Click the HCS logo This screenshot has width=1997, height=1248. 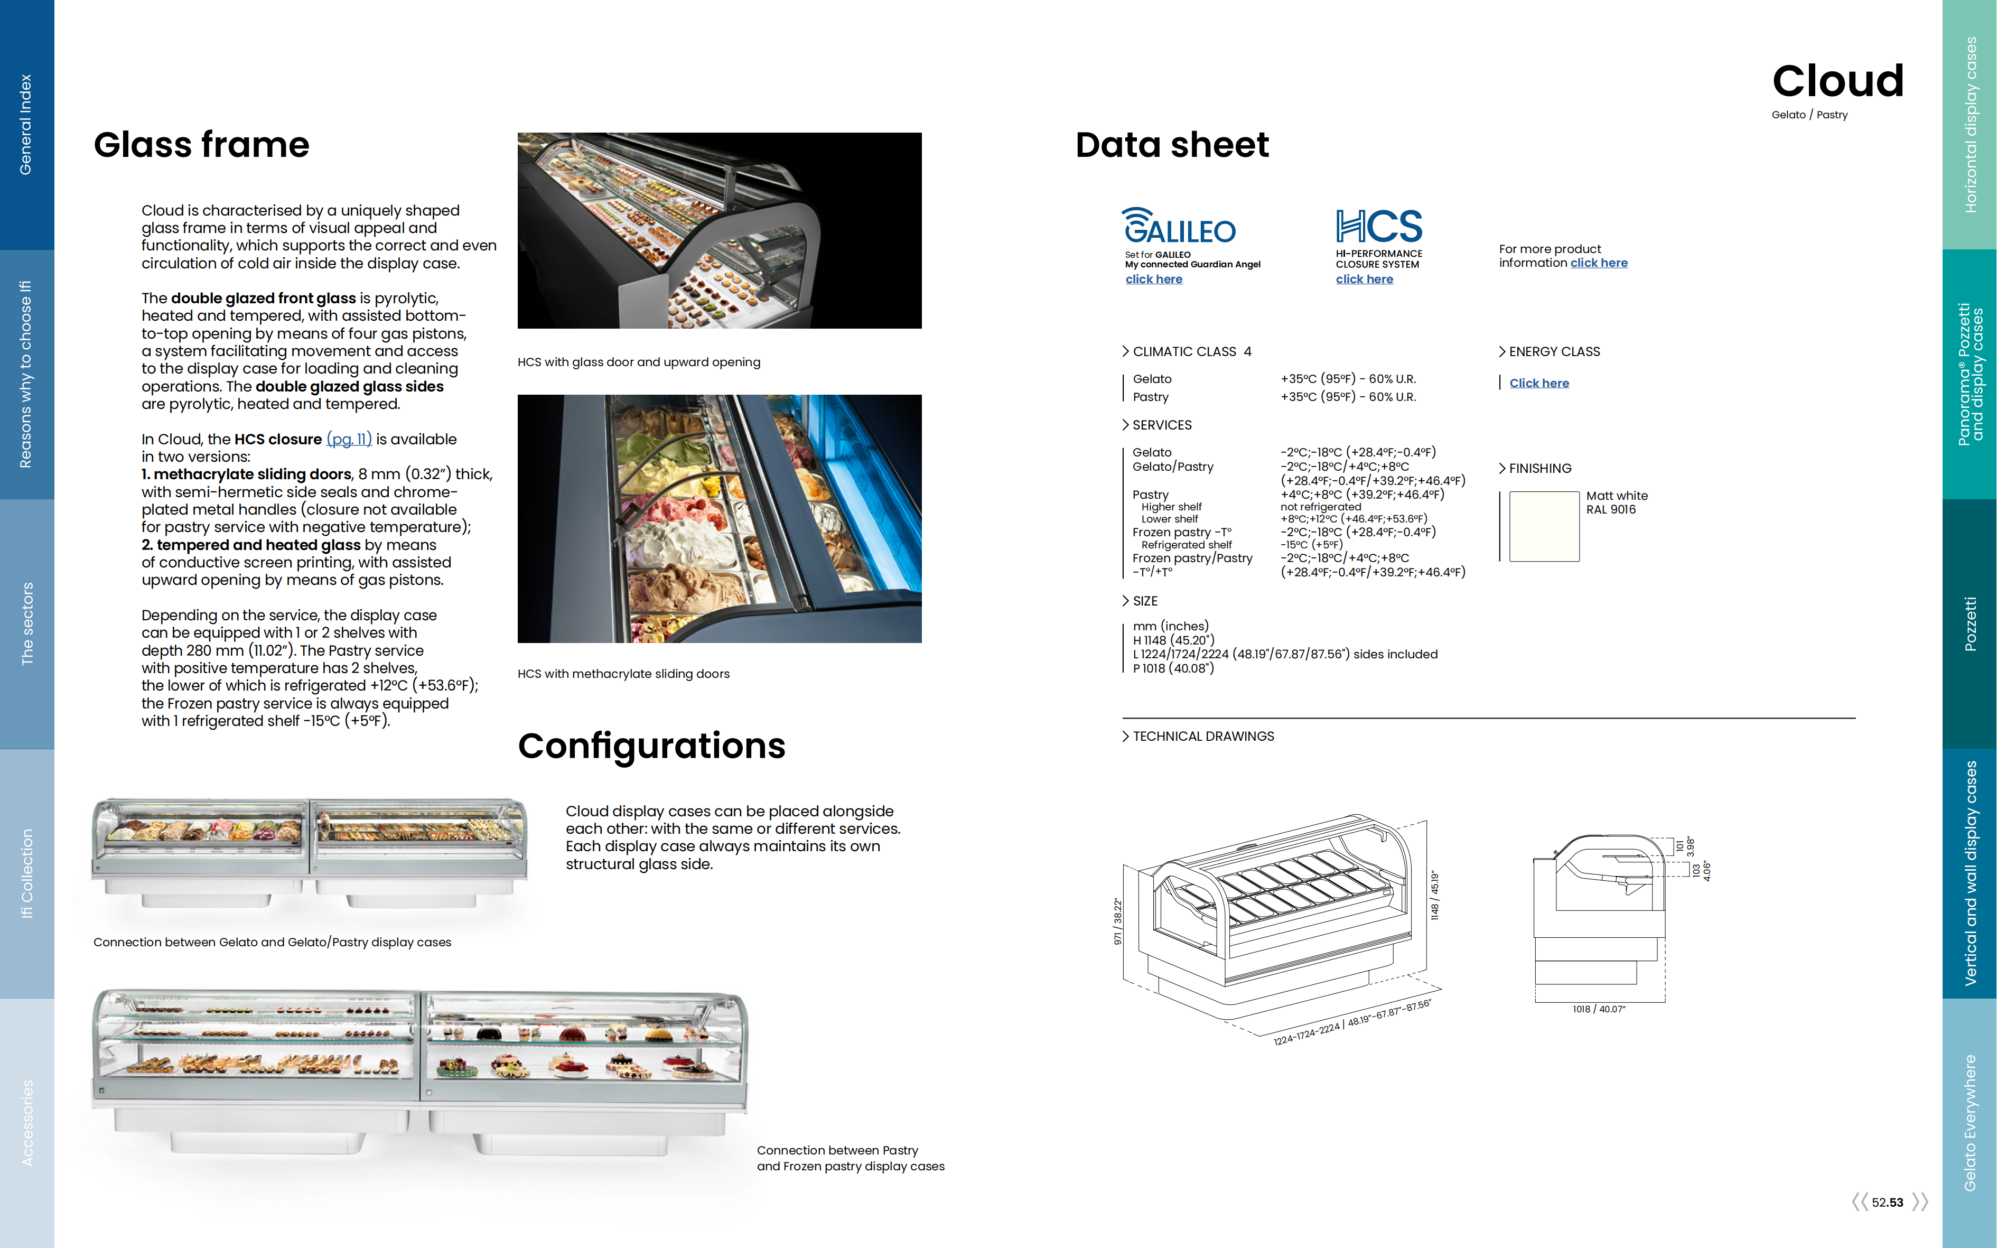click(x=1379, y=226)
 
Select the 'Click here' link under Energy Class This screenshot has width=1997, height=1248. click(x=1539, y=383)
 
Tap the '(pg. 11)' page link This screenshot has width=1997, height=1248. click(x=349, y=439)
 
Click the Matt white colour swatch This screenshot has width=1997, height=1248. click(x=1544, y=527)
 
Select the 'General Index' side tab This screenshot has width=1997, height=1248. click(x=26, y=125)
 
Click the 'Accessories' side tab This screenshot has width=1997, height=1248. click(x=26, y=1123)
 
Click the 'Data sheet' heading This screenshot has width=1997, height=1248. click(x=1172, y=145)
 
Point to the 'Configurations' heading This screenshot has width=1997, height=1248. click(x=651, y=746)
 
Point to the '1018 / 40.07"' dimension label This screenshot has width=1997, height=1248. click(x=1599, y=1010)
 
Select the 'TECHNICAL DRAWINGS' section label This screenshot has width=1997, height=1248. click(x=1202, y=736)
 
